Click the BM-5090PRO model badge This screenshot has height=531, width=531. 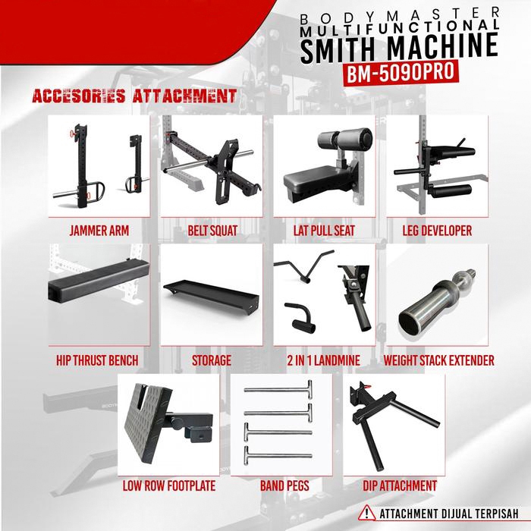coord(401,73)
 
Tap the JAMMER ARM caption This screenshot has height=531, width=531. coord(99,231)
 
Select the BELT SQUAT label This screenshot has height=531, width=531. coord(212,231)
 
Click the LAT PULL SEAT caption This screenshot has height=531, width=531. coord(324,231)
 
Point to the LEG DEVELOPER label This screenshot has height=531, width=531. coord(437,231)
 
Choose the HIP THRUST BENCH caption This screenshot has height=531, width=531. coord(97,360)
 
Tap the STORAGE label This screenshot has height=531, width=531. coord(212,360)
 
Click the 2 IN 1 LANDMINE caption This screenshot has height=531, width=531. coord(324,360)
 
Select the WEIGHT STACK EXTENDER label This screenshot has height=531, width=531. coord(439,360)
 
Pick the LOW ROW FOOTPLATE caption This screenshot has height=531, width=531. coord(169,486)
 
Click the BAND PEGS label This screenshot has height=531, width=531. coord(284,486)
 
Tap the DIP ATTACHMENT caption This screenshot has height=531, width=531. coord(400,486)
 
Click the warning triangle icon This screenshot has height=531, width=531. coord(367,514)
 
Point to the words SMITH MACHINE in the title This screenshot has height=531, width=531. coord(399,49)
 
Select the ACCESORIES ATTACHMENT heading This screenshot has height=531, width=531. coord(134,96)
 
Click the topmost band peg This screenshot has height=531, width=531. coord(278,390)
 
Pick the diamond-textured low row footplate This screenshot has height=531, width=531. coord(148,423)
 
